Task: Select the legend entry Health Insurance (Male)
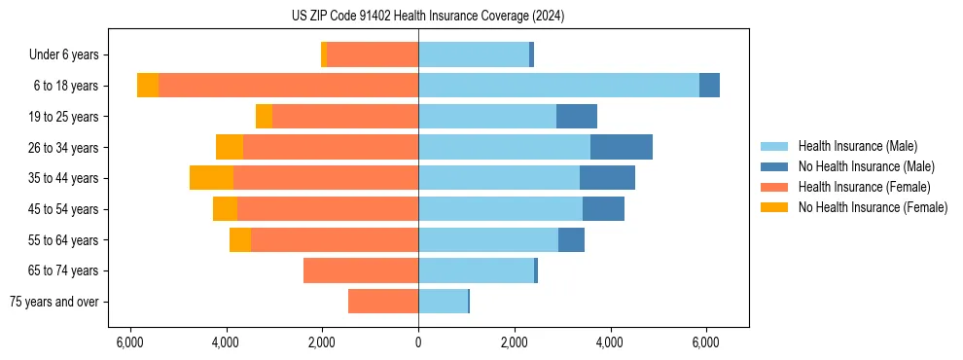856,146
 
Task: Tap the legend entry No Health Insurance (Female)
873,207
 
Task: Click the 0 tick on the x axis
418,342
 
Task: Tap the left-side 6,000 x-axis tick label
130,342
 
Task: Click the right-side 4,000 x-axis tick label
610,342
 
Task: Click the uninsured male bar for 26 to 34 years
622,147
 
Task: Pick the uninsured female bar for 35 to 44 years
211,178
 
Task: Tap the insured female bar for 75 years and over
383,302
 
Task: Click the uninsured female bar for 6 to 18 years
148,86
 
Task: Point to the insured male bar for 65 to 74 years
476,270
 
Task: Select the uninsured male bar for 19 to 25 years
577,117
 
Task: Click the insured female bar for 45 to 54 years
328,209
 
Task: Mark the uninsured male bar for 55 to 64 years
571,239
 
